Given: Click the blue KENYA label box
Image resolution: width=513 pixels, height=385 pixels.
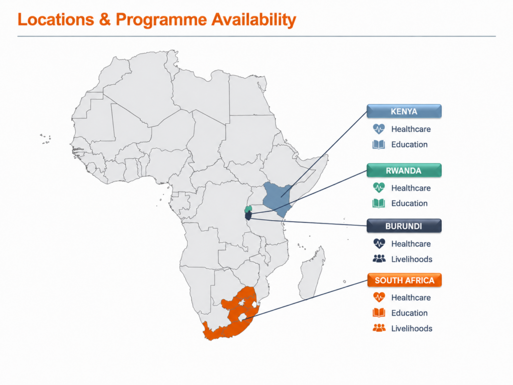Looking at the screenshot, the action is [x=404, y=111].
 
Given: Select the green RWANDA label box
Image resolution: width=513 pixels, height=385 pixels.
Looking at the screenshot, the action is [x=404, y=170].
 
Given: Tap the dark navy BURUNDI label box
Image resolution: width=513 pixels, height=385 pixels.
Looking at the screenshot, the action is [x=404, y=226].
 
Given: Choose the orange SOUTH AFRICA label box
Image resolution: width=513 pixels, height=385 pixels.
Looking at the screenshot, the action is [x=404, y=280].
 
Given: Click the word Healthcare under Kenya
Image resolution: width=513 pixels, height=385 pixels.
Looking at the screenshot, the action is [x=411, y=129].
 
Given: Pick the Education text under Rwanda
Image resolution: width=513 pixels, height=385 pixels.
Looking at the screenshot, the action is [x=409, y=204].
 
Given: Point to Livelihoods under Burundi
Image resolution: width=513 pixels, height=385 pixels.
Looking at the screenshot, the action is [x=412, y=259].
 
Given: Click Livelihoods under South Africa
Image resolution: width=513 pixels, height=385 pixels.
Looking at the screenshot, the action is [x=412, y=328].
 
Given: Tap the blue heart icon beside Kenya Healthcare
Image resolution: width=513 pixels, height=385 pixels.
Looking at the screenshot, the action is [x=379, y=129].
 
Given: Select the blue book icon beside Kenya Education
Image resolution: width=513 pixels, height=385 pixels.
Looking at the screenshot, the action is [x=379, y=144].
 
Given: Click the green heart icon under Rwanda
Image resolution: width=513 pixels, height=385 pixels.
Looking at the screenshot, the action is [x=379, y=188].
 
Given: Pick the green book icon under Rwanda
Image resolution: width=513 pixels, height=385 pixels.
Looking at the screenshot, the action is [x=379, y=204].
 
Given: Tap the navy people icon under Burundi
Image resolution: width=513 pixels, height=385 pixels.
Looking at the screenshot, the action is [x=379, y=259].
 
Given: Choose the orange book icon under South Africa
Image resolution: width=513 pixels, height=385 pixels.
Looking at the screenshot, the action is [x=379, y=313].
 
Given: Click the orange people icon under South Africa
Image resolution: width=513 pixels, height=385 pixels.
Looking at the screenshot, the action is [x=379, y=328].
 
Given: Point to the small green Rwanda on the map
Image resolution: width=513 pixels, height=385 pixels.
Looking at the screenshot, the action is [x=248, y=209].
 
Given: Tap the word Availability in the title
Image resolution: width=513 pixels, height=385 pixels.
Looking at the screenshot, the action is [x=253, y=20].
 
